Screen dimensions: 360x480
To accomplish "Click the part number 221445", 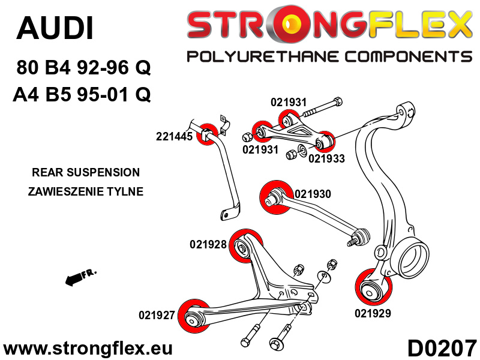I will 173,136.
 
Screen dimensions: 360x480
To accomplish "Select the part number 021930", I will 313,194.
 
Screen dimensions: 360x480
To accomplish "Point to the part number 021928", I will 208,244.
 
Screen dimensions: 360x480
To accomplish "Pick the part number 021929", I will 373,313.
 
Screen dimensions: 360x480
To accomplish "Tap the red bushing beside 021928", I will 243,247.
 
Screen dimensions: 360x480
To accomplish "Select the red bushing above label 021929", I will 372,289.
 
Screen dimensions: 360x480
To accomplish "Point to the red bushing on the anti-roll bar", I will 208,133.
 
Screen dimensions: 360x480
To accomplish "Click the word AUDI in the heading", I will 55,28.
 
